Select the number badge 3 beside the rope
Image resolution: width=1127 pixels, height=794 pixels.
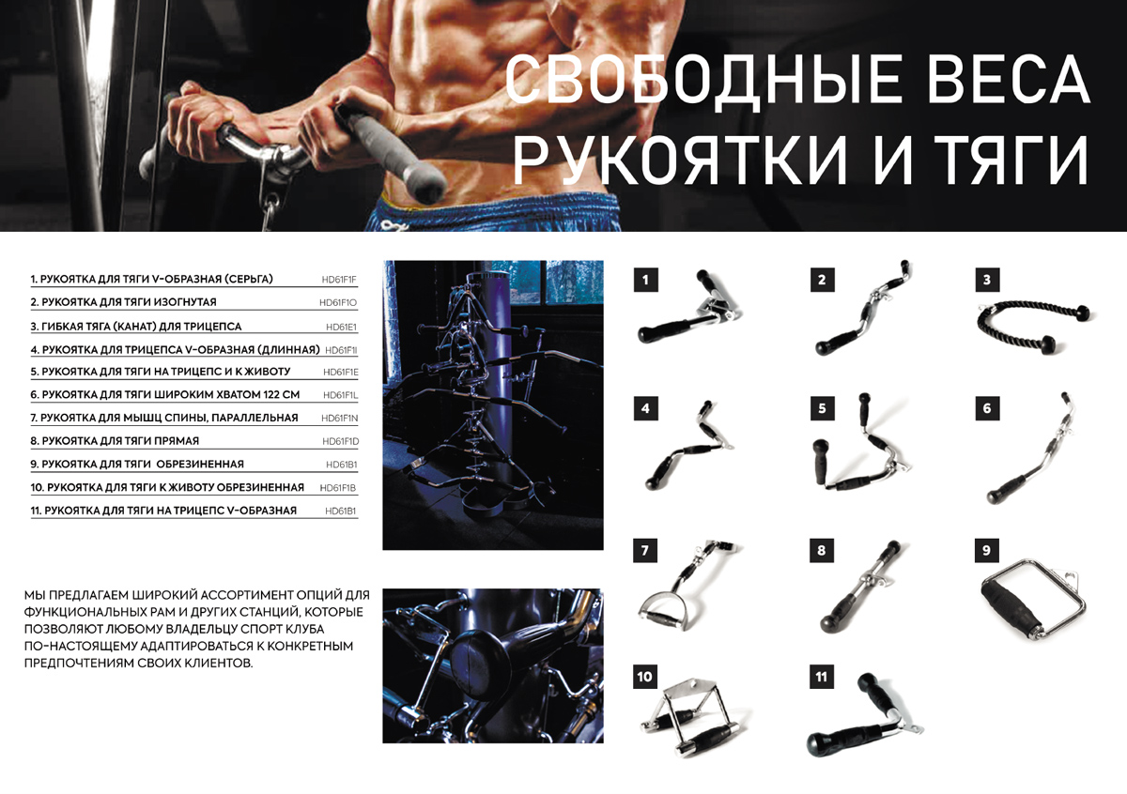click(x=987, y=280)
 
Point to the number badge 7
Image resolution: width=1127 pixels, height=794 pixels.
click(x=645, y=551)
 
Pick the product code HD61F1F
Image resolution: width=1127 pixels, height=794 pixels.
click(x=339, y=280)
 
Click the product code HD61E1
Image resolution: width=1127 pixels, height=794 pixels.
click(x=342, y=327)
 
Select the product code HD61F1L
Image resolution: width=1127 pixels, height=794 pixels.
click(x=340, y=395)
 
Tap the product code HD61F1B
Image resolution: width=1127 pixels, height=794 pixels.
click(x=338, y=488)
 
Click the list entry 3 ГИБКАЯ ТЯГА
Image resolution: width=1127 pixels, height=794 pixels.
click(x=136, y=327)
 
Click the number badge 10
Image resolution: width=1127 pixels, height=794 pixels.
click(x=645, y=676)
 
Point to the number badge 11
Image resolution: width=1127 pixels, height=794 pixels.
click(x=822, y=676)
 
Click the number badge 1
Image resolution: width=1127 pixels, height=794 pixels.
click(x=645, y=280)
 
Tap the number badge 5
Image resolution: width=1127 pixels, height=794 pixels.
click(x=822, y=409)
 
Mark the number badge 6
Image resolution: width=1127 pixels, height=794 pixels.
click(x=987, y=409)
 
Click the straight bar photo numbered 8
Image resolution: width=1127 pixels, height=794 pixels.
click(x=859, y=591)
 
